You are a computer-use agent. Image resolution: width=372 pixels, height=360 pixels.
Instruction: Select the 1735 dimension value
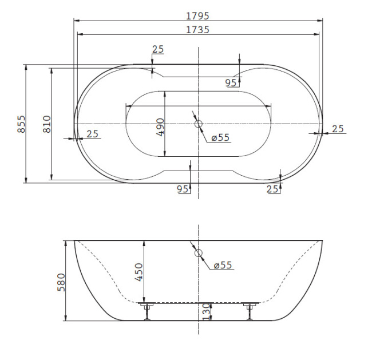(197, 30)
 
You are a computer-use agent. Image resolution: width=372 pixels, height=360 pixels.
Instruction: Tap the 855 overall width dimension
(21, 124)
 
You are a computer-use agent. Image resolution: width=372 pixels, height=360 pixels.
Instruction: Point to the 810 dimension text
(47, 124)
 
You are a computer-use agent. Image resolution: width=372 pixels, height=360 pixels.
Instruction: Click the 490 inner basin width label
(160, 126)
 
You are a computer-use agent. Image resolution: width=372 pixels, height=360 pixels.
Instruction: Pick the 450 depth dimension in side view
(139, 272)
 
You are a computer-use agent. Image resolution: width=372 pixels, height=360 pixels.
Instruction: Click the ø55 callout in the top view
(220, 137)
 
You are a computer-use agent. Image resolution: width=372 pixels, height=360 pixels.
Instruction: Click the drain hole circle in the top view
(198, 124)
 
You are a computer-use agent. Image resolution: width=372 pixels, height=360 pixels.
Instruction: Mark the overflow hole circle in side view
(198, 253)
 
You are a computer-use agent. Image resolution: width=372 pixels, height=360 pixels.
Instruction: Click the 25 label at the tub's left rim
(93, 134)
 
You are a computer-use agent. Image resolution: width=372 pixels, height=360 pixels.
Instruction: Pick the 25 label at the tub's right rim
(338, 129)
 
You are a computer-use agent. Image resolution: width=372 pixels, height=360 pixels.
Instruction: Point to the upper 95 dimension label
(231, 83)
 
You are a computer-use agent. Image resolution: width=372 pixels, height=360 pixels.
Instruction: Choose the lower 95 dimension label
(183, 189)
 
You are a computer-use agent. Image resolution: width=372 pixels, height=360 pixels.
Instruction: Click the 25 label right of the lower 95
(274, 189)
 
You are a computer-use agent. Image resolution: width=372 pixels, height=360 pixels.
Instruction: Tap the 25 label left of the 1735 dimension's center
(158, 49)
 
